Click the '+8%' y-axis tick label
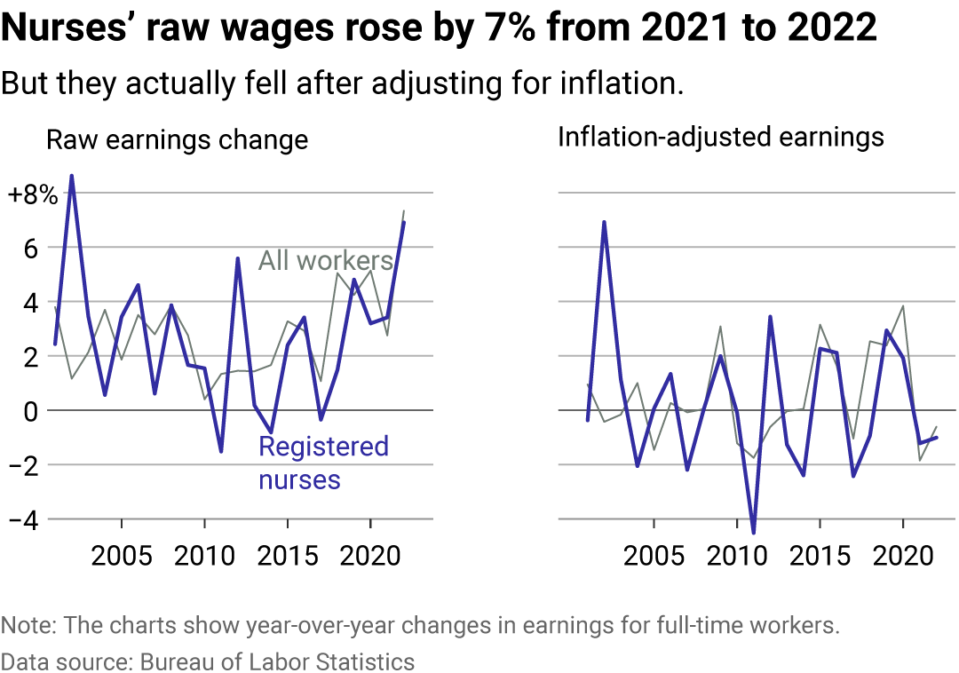tap(33, 195)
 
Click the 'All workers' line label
tap(325, 261)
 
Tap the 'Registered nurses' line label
tap(323, 463)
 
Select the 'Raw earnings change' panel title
tap(177, 140)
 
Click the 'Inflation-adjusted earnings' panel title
tap(720, 137)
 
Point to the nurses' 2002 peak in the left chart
tap(71, 176)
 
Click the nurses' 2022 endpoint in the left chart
tap(404, 222)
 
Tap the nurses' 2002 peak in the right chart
tap(604, 222)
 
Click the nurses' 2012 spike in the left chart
tap(238, 258)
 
